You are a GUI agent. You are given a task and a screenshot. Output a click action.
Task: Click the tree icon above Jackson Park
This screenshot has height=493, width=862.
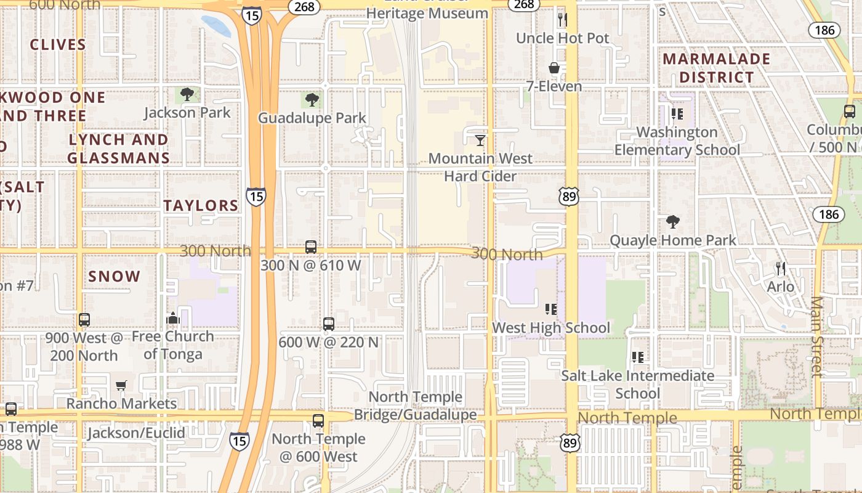pos(187,94)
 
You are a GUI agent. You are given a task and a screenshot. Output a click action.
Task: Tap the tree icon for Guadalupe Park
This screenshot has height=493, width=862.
pos(312,100)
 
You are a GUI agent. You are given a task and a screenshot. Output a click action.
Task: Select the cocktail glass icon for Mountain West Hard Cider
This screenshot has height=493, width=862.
pos(480,141)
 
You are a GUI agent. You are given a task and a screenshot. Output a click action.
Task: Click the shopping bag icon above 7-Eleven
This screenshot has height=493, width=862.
pos(554,68)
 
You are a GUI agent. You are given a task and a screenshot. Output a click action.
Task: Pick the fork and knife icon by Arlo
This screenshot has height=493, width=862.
pos(781,268)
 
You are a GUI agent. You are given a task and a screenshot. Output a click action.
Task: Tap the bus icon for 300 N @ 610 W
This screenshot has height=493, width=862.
pos(311,247)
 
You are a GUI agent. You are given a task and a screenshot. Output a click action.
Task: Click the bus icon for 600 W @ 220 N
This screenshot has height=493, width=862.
pos(329,324)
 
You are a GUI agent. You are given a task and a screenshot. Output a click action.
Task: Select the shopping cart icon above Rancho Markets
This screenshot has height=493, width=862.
pos(121,385)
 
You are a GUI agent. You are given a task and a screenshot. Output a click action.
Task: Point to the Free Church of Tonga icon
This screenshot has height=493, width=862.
pos(173,318)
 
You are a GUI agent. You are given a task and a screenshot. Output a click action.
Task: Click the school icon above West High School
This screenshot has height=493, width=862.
pos(551,309)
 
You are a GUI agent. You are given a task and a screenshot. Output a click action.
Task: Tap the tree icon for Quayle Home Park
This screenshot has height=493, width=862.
pos(673,222)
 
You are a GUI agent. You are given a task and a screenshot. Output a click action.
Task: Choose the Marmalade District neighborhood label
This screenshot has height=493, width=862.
pos(716,68)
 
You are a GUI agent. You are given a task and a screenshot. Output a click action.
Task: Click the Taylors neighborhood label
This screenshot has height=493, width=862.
pos(201,206)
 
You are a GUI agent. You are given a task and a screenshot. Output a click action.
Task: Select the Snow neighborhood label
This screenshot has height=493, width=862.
pos(115,276)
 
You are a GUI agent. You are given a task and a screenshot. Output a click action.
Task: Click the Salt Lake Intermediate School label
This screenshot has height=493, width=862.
pos(637,384)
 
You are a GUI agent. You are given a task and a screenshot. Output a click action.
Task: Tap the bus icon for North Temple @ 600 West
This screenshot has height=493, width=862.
pos(318,421)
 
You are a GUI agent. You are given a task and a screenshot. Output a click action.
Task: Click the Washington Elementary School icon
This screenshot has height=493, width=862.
pos(677,114)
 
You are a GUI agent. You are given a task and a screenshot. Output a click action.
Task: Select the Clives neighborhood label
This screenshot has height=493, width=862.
pos(58,44)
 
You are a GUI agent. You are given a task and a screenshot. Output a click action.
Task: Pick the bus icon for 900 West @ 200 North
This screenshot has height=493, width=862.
pos(84,320)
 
